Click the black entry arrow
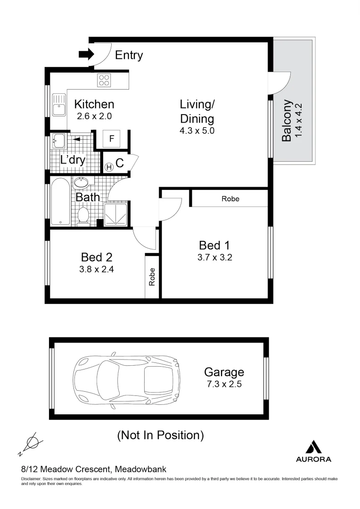pos(86,55)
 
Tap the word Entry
pos(129,55)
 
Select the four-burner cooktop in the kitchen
pos(104,81)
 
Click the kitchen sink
pos(59,105)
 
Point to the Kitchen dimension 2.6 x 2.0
pos(94,115)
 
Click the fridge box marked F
pos(112,139)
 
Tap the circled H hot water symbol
pos(109,166)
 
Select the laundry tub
pos(58,140)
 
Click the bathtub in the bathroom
pos(60,202)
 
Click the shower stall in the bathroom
pos(115,215)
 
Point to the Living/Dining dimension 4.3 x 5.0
pos(197,131)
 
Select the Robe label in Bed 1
pos(230,199)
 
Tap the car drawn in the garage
pos(127,381)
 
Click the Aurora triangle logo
pos(313,446)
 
